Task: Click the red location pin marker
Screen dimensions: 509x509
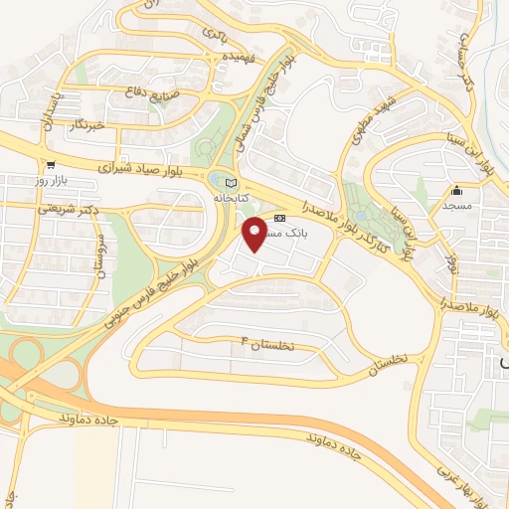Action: point(256,233)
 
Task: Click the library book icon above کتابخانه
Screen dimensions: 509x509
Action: point(232,183)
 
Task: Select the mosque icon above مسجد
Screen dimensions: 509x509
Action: point(457,191)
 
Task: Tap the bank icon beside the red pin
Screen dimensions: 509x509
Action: point(279,218)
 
